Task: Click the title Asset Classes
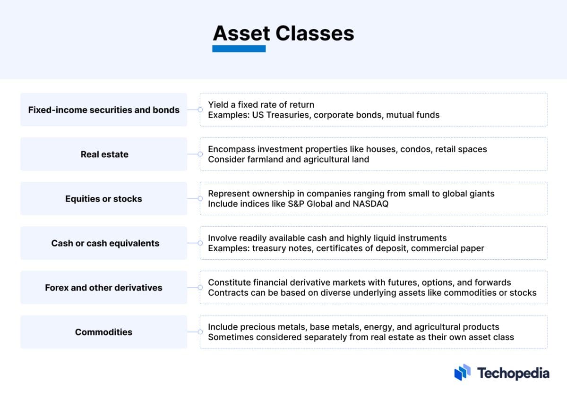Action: pyautogui.click(x=283, y=34)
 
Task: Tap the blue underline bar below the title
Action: pyautogui.click(x=239, y=49)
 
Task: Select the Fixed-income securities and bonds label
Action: pyautogui.click(x=103, y=110)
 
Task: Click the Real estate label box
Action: pyautogui.click(x=104, y=154)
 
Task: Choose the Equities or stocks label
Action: pyautogui.click(x=103, y=199)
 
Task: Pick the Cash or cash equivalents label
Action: pyautogui.click(x=105, y=243)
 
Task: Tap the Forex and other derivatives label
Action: pyautogui.click(x=103, y=288)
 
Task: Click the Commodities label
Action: pyautogui.click(x=103, y=332)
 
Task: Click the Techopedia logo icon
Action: pyautogui.click(x=463, y=373)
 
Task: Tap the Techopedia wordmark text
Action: pyautogui.click(x=513, y=373)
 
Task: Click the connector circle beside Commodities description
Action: pyautogui.click(x=200, y=332)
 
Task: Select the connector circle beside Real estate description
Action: pyautogui.click(x=200, y=154)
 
